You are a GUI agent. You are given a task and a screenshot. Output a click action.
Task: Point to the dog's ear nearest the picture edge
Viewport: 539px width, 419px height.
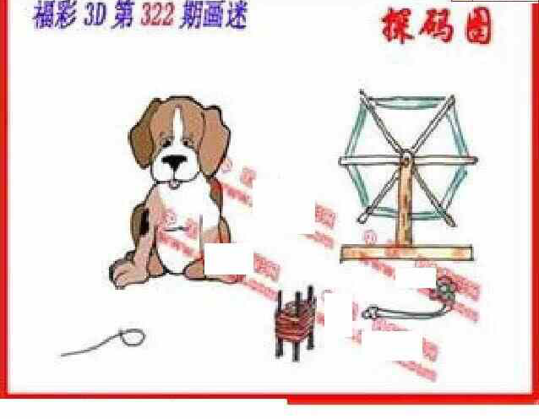click(140, 139)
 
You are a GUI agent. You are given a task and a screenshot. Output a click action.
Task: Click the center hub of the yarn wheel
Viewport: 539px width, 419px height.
click(406, 157)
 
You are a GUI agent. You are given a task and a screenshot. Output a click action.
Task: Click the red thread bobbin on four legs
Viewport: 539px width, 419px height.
click(296, 325)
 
